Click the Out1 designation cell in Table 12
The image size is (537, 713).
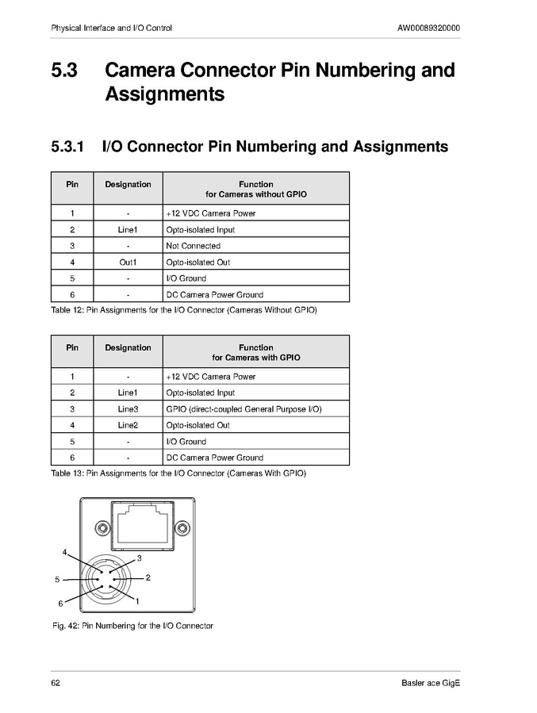click(128, 263)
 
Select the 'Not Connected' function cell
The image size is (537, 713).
click(194, 246)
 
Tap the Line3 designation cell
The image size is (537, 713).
click(128, 409)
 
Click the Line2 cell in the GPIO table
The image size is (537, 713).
click(128, 425)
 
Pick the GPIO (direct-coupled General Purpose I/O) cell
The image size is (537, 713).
click(244, 409)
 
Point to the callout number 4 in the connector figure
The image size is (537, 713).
click(65, 552)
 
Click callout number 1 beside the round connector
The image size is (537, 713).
click(137, 602)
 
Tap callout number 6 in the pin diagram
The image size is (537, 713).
click(60, 604)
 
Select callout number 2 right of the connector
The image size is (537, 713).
click(148, 577)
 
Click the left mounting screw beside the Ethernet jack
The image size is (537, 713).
click(102, 528)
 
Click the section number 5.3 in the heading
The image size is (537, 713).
click(64, 71)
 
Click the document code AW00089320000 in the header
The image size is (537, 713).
click(428, 29)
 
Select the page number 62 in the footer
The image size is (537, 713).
click(56, 684)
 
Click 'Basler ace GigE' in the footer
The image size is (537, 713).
click(431, 684)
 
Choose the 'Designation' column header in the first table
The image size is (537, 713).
click(128, 185)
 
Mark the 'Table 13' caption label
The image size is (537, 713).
click(67, 473)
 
